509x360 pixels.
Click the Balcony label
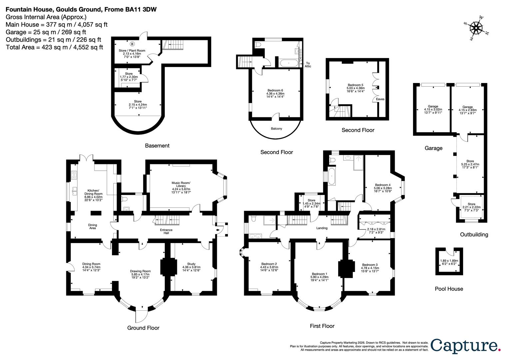(276, 128)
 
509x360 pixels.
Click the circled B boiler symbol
(132, 44)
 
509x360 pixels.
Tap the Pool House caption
(449, 289)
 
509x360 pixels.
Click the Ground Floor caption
(143, 328)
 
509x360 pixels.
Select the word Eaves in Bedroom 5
(380, 99)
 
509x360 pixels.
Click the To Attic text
(307, 65)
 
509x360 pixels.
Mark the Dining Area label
(93, 226)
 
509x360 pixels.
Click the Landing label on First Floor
(322, 228)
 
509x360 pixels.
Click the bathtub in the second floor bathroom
(289, 63)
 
